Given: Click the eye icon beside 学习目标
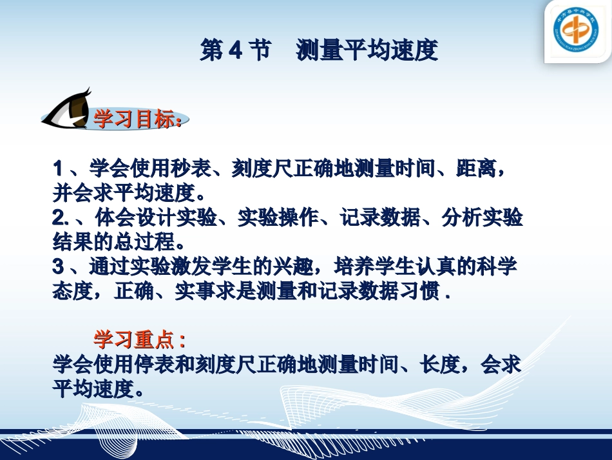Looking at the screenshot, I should pyautogui.click(x=68, y=110).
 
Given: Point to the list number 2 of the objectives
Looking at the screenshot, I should pyautogui.click(x=58, y=219).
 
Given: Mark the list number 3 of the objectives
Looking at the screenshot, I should pyautogui.click(x=58, y=267).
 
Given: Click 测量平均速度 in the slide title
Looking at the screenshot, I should pyautogui.click(x=367, y=50).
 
